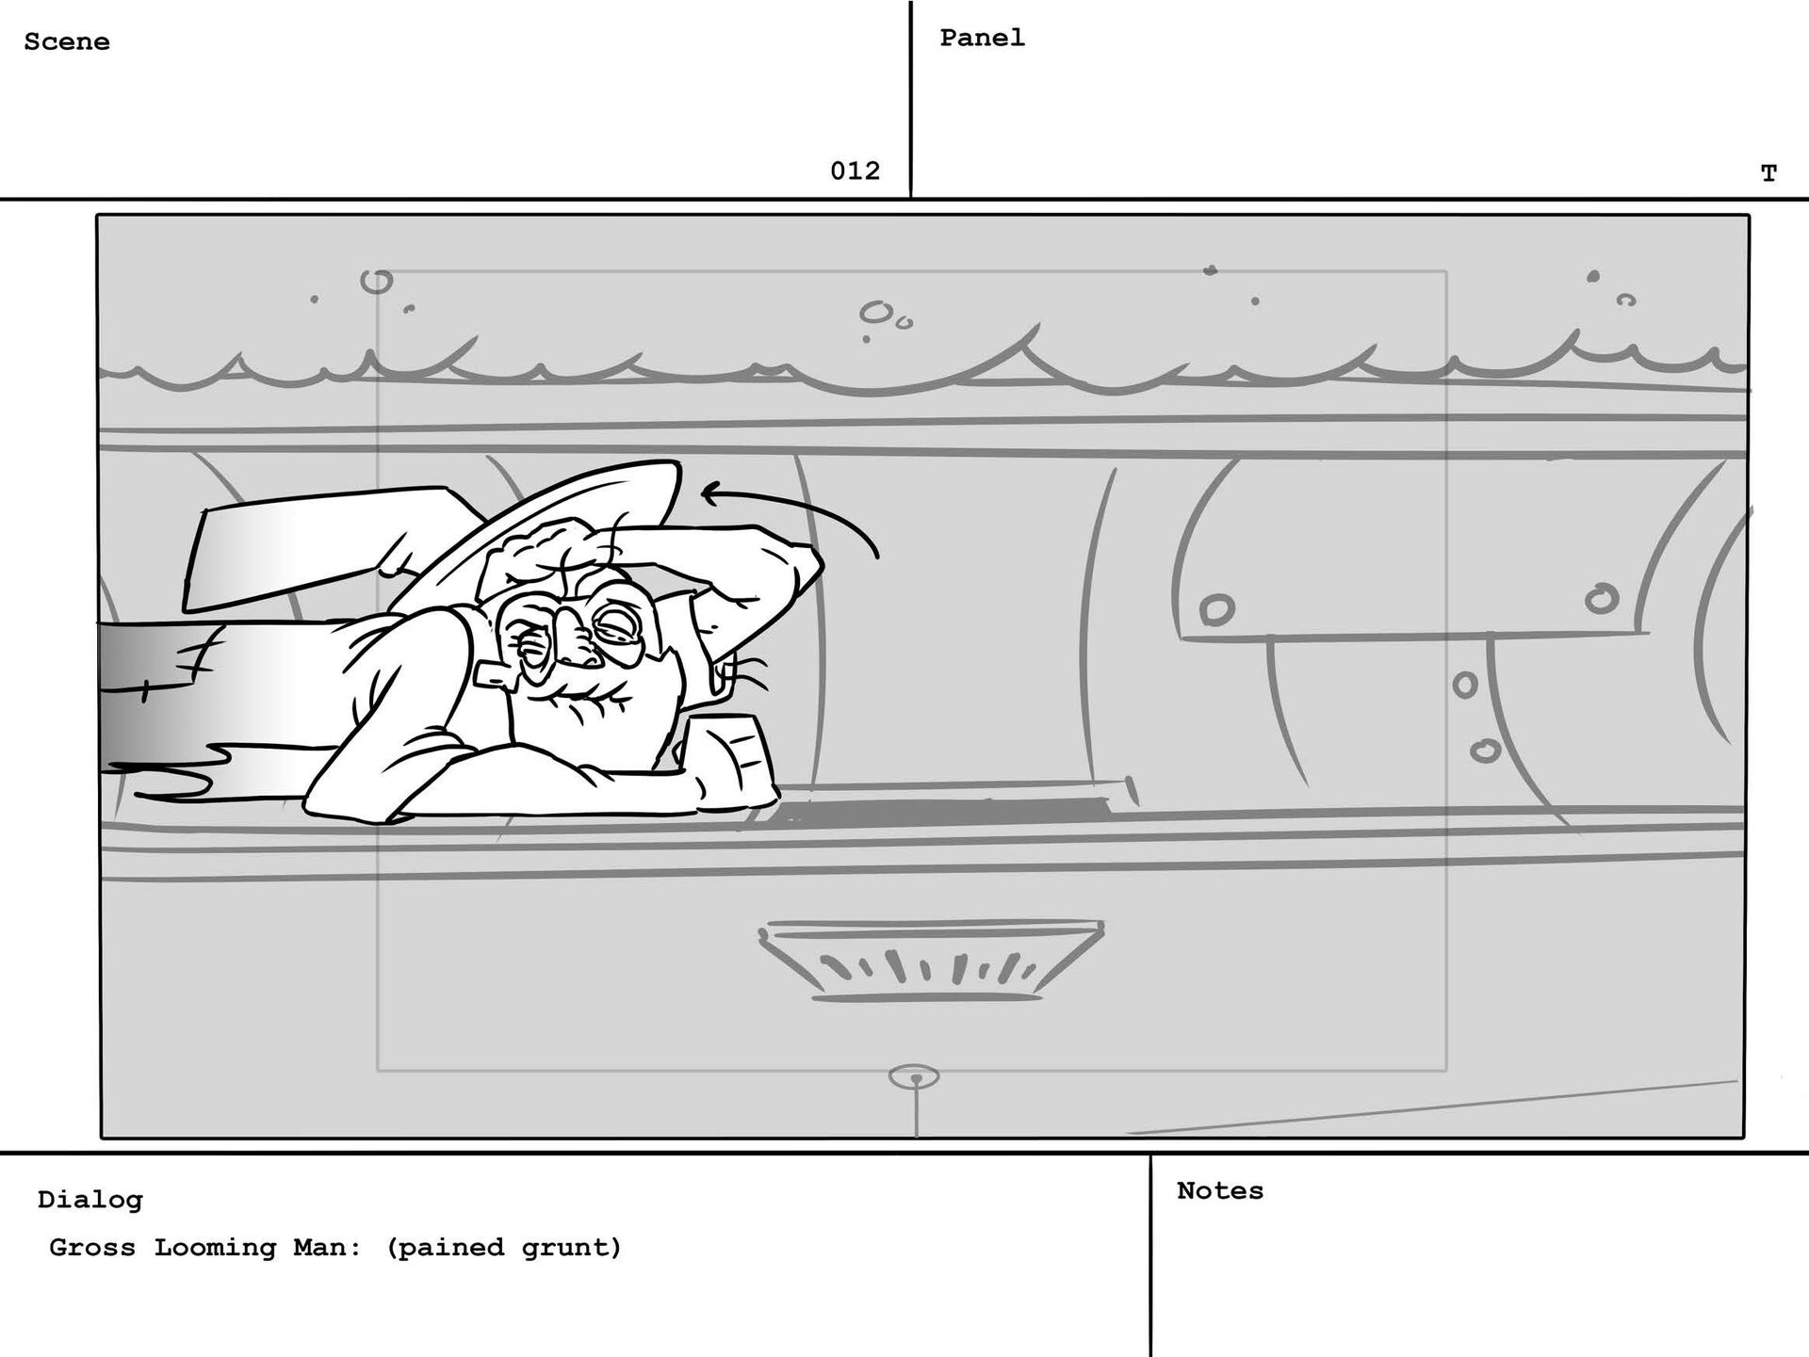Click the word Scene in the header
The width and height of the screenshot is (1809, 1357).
[x=66, y=41]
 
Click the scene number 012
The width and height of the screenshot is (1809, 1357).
[x=855, y=170]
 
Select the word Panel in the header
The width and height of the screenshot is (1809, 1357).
[x=982, y=38]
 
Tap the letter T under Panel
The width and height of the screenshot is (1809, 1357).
[x=1768, y=173]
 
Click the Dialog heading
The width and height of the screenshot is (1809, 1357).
[x=90, y=1200]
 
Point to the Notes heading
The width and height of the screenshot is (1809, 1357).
[x=1219, y=1190]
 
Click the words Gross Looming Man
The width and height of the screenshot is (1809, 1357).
[x=204, y=1248]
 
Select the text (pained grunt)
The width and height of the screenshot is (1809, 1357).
[x=504, y=1248]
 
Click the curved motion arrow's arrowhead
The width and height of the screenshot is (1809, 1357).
[x=709, y=493]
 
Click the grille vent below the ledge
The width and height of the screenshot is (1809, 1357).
[x=930, y=961]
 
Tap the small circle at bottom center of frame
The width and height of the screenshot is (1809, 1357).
[x=914, y=1076]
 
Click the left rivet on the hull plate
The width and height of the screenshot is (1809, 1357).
[x=1216, y=609]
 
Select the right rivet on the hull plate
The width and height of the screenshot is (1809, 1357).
[x=1601, y=598]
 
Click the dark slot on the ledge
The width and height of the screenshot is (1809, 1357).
[x=942, y=810]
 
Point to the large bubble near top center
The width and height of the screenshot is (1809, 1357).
[x=875, y=311]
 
